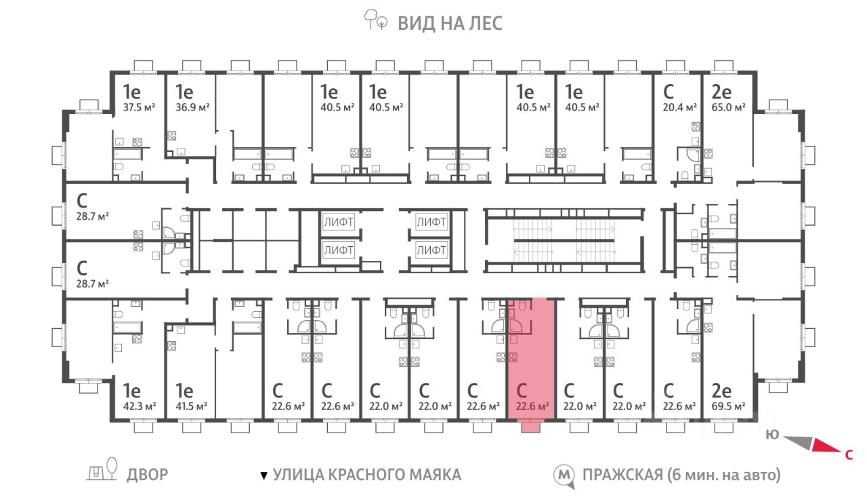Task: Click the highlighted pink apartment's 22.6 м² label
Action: [x=532, y=406]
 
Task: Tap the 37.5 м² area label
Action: [x=139, y=107]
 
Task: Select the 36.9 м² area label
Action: [x=192, y=107]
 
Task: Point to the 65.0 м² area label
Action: [x=728, y=107]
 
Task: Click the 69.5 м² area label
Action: [x=728, y=406]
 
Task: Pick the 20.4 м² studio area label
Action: [x=679, y=107]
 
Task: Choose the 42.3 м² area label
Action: [x=140, y=406]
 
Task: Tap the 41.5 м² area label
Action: [x=191, y=406]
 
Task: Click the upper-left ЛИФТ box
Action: [x=338, y=222]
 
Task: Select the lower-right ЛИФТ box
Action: [x=431, y=251]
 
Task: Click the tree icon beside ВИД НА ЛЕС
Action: [x=375, y=20]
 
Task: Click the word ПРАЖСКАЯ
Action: [x=622, y=475]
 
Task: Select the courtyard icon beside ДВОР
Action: [x=102, y=470]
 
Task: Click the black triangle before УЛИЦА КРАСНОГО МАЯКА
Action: [x=264, y=476]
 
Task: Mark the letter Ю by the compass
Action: [x=772, y=435]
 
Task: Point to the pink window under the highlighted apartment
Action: [x=530, y=427]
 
